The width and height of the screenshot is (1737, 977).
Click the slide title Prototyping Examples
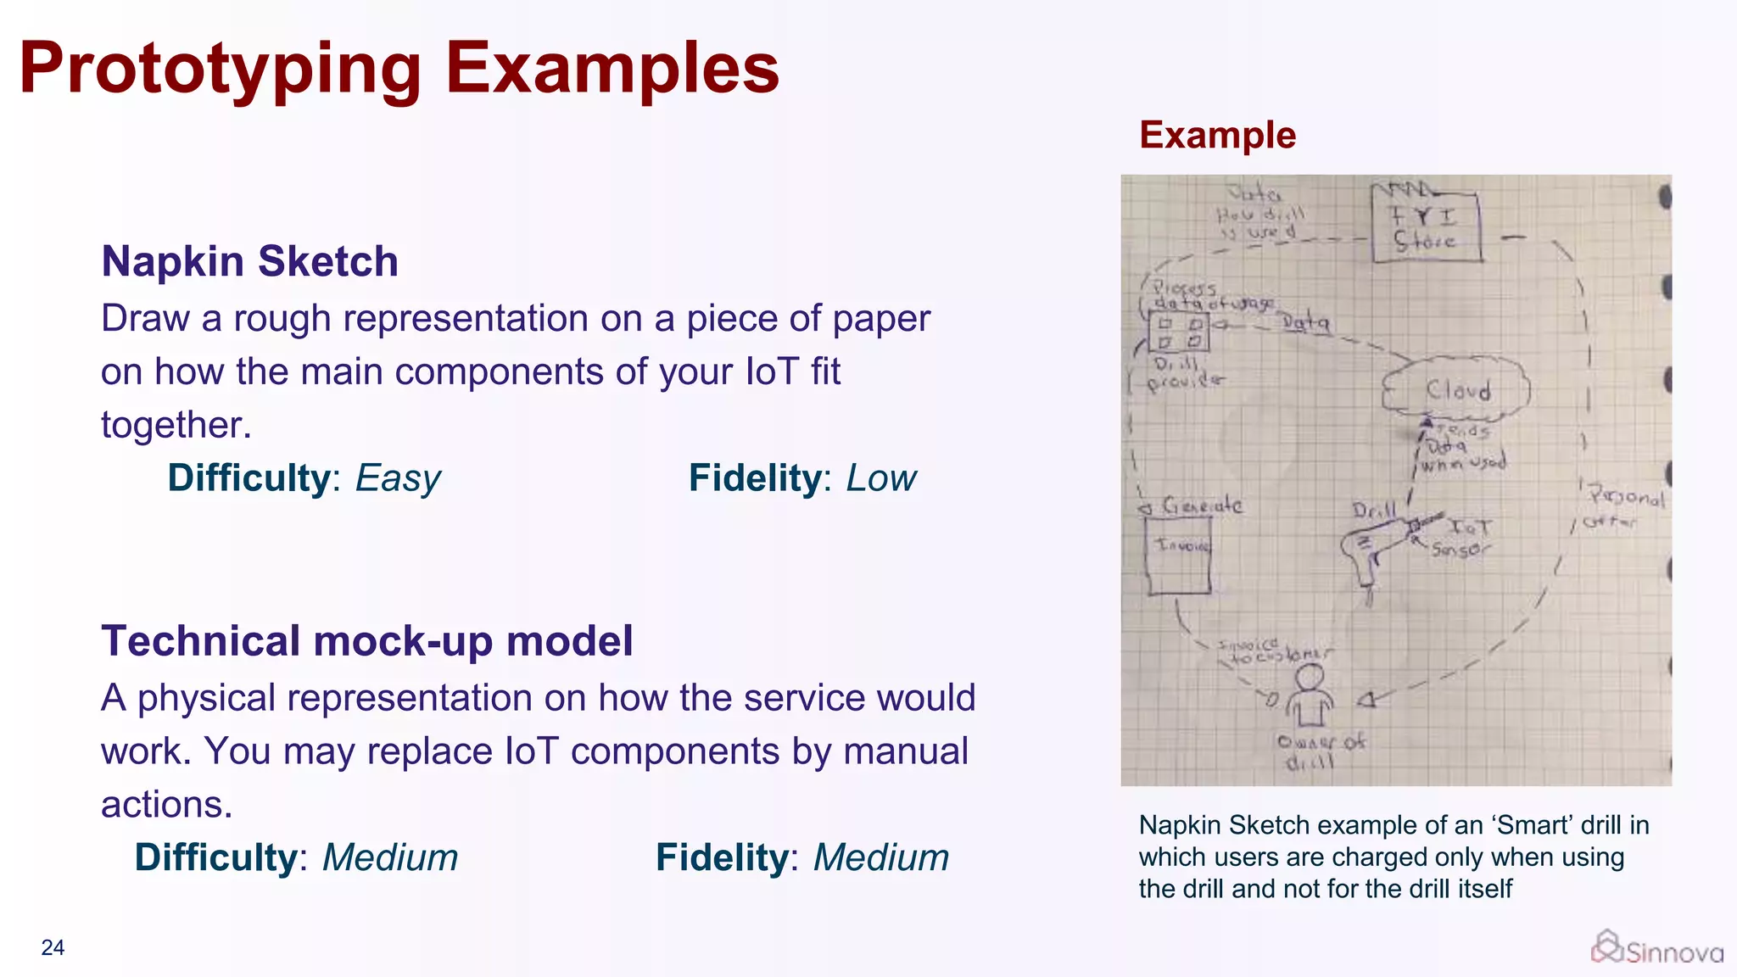[399, 68]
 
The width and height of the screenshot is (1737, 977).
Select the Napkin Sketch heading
[249, 261]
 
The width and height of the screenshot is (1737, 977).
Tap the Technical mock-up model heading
[366, 641]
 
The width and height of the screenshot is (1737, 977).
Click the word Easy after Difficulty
[398, 478]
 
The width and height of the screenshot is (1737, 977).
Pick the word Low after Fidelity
[881, 478]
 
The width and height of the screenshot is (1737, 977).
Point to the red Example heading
[1217, 136]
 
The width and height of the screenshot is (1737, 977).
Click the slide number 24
[53, 947]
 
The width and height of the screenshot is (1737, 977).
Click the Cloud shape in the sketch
[1455, 389]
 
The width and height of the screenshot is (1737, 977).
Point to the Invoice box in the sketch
[1179, 555]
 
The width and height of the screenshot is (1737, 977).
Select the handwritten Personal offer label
[1622, 507]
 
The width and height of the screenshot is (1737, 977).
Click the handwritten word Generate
[1202, 506]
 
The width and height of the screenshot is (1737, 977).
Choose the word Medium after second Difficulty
[390, 857]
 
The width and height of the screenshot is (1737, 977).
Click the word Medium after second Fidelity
[881, 857]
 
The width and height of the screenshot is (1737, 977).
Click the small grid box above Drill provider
[1180, 332]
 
